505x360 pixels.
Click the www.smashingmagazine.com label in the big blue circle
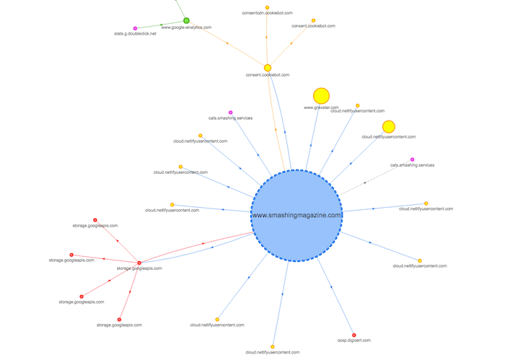[x=297, y=215]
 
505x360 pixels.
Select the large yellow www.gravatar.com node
[x=321, y=96]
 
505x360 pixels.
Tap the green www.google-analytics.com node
[x=186, y=21]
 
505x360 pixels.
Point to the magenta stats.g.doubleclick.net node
[x=135, y=28]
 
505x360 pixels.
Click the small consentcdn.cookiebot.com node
[x=267, y=7]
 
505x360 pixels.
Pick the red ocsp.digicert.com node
[x=353, y=335]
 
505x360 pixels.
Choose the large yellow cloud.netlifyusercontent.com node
[x=388, y=127]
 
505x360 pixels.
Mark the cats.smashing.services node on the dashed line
[x=412, y=159]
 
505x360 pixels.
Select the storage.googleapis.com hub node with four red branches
[x=139, y=263]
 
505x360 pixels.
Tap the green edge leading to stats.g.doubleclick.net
[x=160, y=25]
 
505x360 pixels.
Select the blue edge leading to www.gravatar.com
[x=312, y=137]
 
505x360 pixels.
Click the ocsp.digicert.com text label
[x=353, y=341]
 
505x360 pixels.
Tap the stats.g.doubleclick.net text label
[x=135, y=33]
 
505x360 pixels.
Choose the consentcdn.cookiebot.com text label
[x=267, y=13]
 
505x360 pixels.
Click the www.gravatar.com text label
[x=321, y=107]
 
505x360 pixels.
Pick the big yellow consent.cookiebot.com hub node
[x=268, y=68]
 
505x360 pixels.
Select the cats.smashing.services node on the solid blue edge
[x=230, y=113]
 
